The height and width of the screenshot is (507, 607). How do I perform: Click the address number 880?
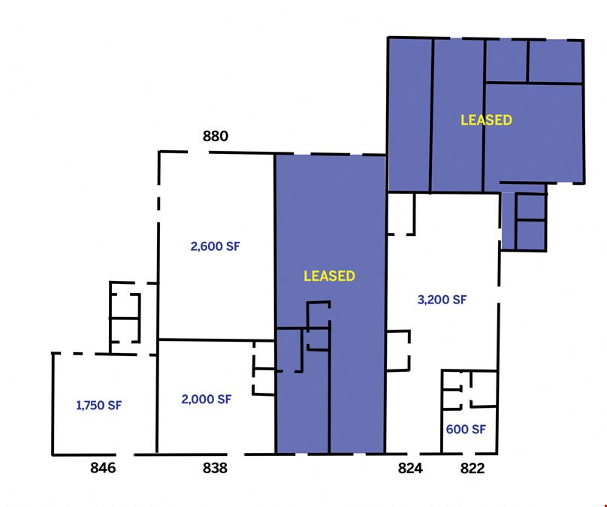point(216,136)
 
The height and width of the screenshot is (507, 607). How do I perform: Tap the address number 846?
point(103,468)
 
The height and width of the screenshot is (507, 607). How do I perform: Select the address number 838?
point(215,468)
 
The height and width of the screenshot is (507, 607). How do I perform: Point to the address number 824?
point(410,468)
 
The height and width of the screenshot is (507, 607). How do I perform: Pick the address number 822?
point(473,468)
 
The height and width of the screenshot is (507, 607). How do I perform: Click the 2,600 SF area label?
point(216,246)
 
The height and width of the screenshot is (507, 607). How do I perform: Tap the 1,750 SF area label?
point(98,405)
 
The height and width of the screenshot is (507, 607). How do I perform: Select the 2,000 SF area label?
point(207,399)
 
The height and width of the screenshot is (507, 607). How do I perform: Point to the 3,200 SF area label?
point(442,300)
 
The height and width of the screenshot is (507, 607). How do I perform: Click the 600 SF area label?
point(466,429)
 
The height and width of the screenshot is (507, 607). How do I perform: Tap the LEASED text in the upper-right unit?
point(486,120)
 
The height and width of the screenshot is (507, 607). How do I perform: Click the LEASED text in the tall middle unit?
point(330,276)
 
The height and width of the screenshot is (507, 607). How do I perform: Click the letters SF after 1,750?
point(115,405)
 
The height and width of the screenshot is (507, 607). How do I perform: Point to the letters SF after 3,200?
point(460,300)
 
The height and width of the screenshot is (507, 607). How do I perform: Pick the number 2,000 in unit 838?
point(197,400)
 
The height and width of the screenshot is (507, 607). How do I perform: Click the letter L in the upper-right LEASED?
point(464,120)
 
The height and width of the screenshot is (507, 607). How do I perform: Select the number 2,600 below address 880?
point(207,246)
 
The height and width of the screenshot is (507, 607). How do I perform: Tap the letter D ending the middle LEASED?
point(351,276)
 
